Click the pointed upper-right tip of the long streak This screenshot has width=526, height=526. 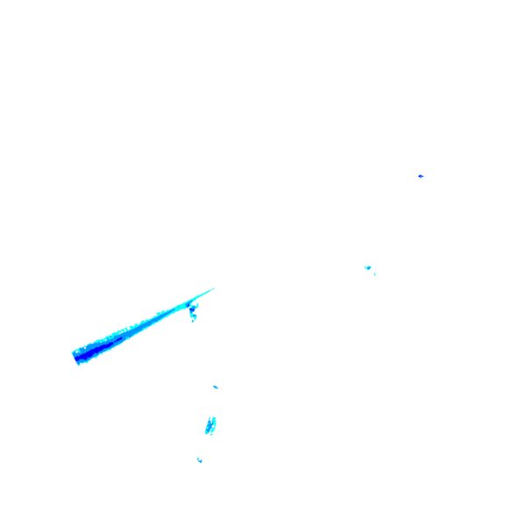(214, 288)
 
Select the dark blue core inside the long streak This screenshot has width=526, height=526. (92, 350)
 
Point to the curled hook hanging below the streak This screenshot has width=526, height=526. (193, 310)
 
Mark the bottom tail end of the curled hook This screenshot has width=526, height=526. (194, 320)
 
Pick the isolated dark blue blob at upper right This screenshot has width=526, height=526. (421, 176)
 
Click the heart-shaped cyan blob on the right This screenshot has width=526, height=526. (367, 267)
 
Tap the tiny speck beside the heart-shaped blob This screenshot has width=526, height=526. (375, 274)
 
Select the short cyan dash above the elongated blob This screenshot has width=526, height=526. (215, 387)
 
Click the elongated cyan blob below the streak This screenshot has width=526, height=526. (210, 425)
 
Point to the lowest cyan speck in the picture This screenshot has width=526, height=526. (200, 459)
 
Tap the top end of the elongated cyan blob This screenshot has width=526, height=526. (212, 417)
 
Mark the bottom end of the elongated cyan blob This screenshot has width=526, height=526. (209, 434)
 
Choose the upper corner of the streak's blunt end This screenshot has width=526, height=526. (73, 351)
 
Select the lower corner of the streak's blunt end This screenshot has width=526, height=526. (79, 363)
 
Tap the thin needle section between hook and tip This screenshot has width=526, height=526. (203, 294)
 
